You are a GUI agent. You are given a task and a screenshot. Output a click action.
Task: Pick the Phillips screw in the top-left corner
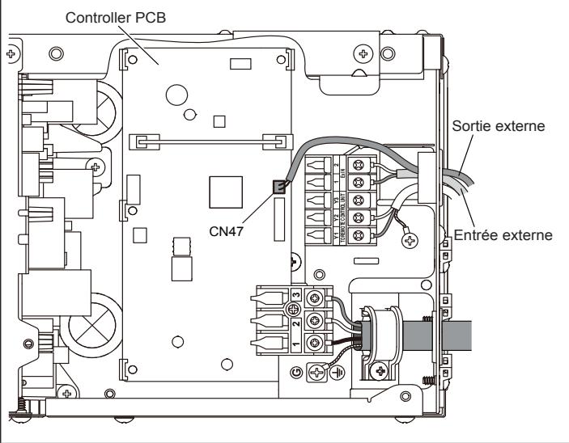point(11,56)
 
